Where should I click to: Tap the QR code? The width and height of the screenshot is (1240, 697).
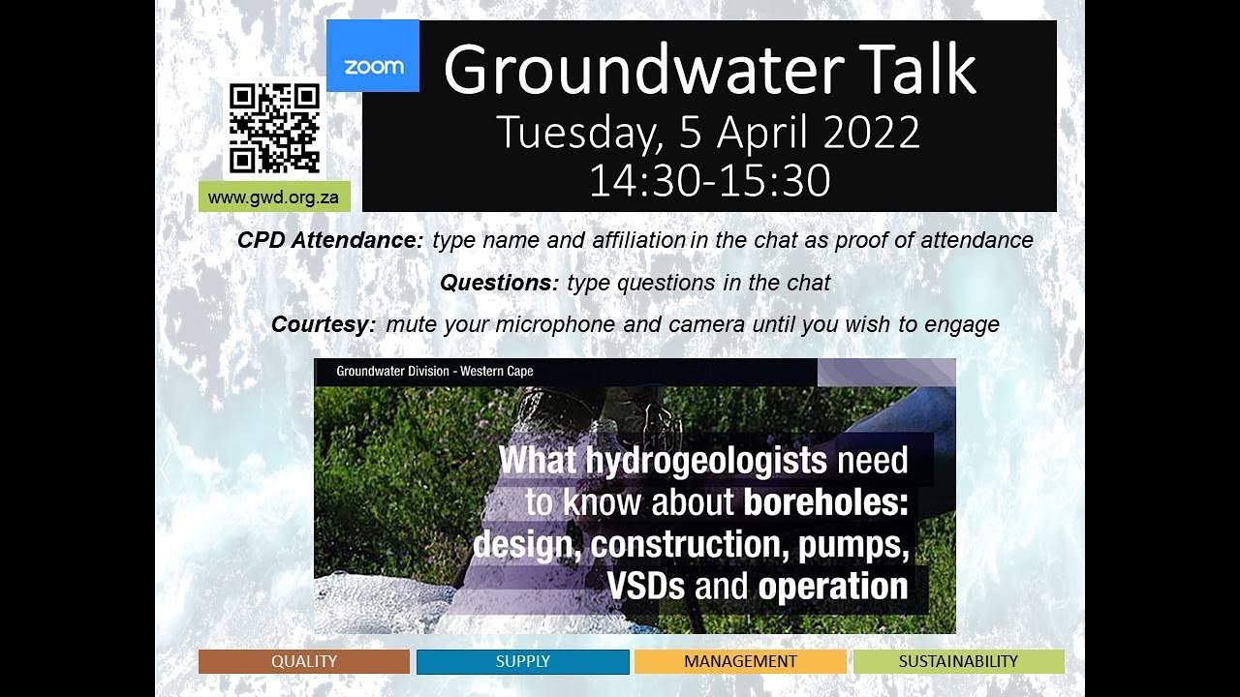tap(274, 128)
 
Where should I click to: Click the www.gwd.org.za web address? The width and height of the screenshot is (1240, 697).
tap(273, 197)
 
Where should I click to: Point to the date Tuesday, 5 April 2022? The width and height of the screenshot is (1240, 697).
tap(708, 133)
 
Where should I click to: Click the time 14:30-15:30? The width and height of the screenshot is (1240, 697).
tap(709, 180)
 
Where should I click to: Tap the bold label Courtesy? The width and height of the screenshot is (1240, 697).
tap(324, 324)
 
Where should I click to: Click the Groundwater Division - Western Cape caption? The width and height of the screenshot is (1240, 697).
tap(435, 371)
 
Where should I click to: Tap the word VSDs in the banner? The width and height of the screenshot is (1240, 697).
tap(642, 587)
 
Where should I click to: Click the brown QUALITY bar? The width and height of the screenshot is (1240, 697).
tap(304, 662)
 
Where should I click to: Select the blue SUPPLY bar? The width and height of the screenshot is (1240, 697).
tap(523, 662)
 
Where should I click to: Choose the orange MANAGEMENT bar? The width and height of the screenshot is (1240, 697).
tap(740, 662)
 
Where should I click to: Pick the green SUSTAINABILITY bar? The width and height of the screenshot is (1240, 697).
tap(958, 662)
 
